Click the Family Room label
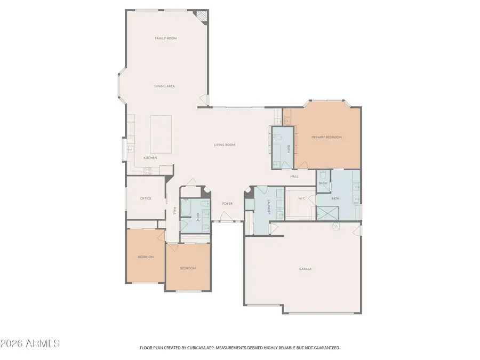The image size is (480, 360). tap(165, 38)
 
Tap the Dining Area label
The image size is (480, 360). tap(164, 86)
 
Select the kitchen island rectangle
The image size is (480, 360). tap(161, 133)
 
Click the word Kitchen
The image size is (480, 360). tap(150, 158)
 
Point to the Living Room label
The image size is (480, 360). tap(225, 145)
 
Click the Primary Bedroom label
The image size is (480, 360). tap(326, 137)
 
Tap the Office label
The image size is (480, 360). tap(146, 198)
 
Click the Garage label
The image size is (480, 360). tap(305, 269)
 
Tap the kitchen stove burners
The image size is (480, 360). tap(147, 170)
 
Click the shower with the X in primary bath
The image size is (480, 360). tap(326, 213)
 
